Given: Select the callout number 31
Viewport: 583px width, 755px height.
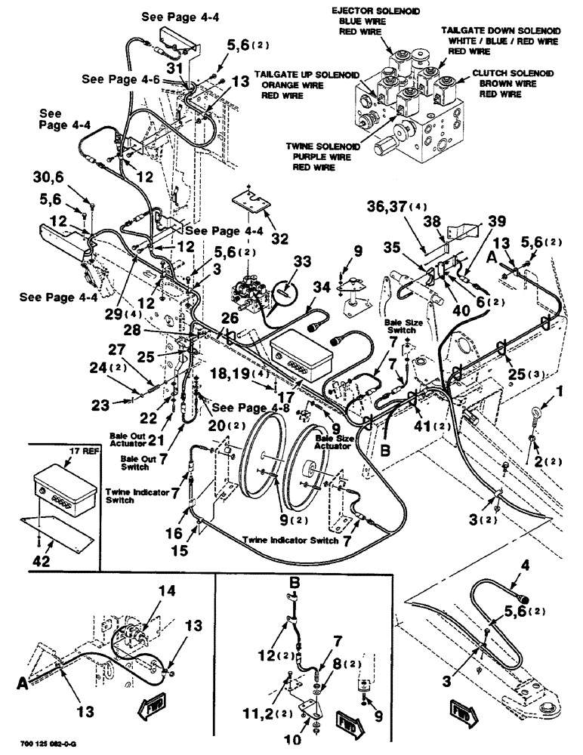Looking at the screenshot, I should pyautogui.click(x=175, y=67).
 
